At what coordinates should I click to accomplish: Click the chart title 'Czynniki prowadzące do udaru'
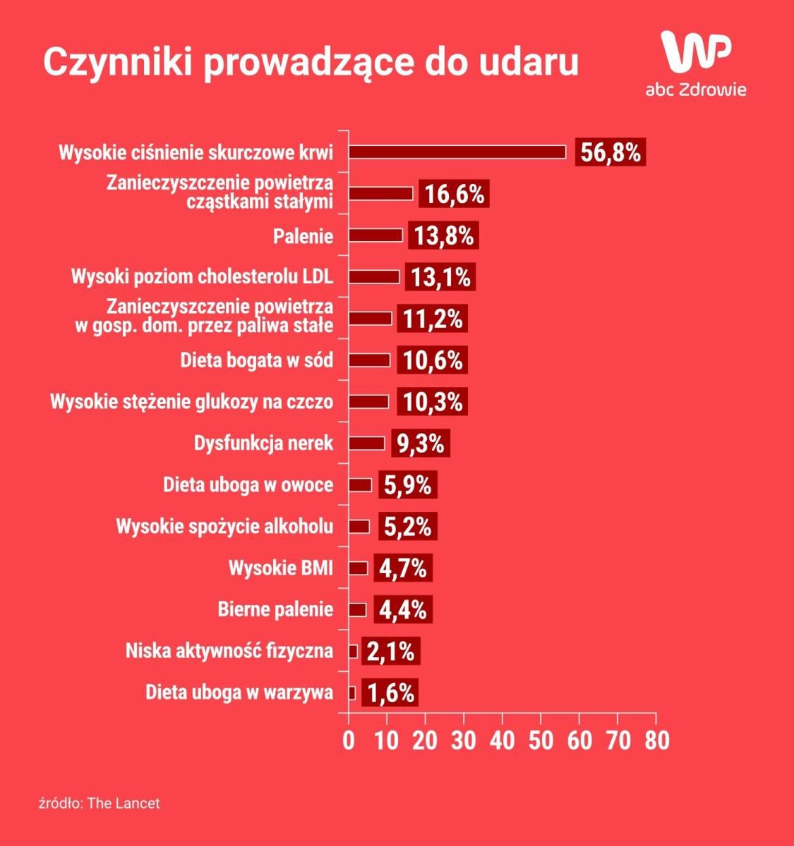click(x=311, y=62)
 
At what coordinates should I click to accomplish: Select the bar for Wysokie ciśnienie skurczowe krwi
click(x=457, y=152)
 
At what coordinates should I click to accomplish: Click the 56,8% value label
click(x=611, y=152)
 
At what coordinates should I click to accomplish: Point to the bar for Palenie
click(x=375, y=235)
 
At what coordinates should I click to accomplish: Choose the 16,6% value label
click(x=455, y=194)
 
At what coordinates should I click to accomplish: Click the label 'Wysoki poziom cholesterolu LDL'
click(x=202, y=276)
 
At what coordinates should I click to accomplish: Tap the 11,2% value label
click(x=433, y=319)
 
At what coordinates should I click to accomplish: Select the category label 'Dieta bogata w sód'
click(x=256, y=360)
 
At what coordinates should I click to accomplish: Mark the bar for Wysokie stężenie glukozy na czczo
click(x=368, y=402)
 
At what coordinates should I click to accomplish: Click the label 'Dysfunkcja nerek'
click(x=263, y=443)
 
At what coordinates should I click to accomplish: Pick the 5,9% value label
click(x=408, y=485)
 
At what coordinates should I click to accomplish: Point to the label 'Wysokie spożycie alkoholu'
click(x=224, y=527)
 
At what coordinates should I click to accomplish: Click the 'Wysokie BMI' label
click(x=280, y=568)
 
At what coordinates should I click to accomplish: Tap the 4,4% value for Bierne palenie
click(x=403, y=610)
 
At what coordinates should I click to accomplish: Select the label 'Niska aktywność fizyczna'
click(x=229, y=651)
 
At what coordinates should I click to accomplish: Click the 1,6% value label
click(x=390, y=692)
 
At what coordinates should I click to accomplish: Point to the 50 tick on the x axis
click(x=541, y=741)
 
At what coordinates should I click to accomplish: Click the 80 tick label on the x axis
click(x=656, y=741)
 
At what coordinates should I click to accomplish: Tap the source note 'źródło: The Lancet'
click(x=100, y=803)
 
